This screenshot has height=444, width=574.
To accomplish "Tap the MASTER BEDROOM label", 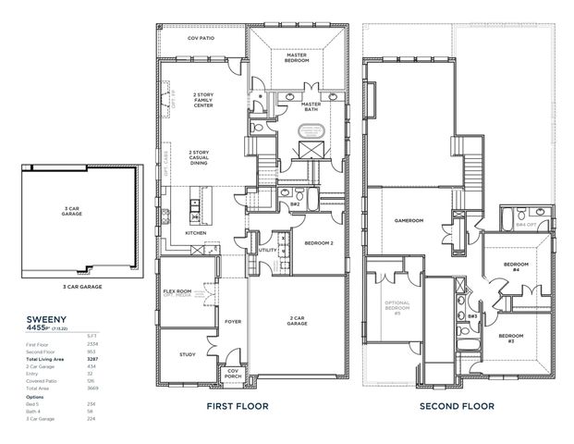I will [296, 57].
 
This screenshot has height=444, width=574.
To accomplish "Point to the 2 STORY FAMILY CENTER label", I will [202, 100].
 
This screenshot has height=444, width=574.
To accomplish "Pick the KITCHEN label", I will [196, 233].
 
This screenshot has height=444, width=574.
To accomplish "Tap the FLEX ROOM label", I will [177, 292].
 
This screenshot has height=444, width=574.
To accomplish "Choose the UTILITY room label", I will [268, 249].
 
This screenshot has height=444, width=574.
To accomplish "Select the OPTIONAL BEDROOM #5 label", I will [397, 308].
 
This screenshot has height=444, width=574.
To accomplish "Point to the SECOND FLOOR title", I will [457, 406].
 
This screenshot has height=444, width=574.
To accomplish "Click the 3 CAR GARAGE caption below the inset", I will [76, 288].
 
